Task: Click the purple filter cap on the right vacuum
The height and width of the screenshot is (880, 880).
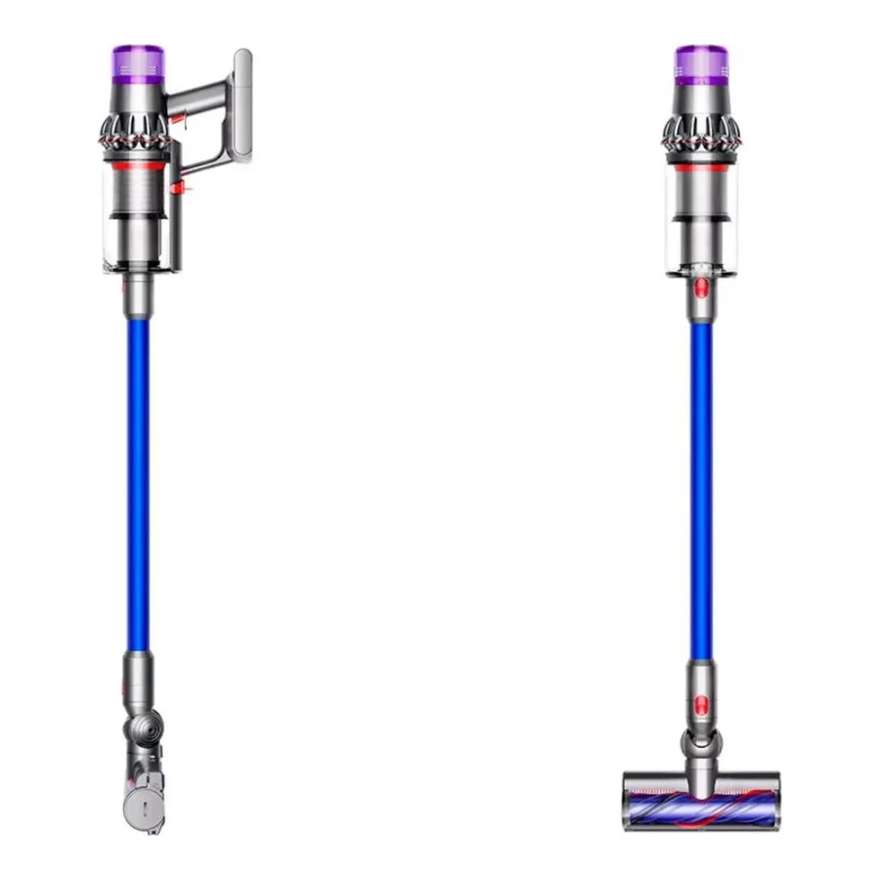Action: tap(700, 61)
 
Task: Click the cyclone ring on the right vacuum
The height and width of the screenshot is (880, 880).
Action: tap(700, 132)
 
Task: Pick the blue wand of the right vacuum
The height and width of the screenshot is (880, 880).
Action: tap(701, 489)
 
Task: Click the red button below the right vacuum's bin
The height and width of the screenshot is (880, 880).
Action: tap(700, 287)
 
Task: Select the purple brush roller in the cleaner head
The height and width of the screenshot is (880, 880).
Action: tap(701, 785)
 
